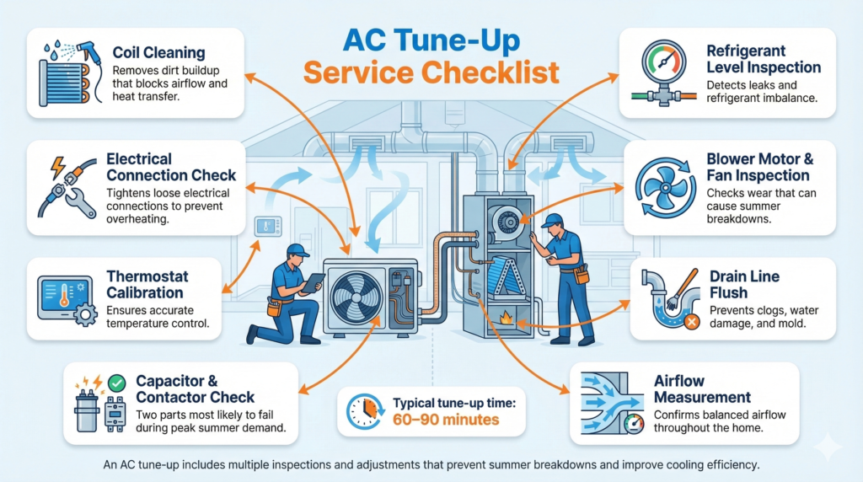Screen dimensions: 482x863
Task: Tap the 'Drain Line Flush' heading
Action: [x=744, y=285]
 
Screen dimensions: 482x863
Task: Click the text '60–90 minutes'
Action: [x=445, y=420]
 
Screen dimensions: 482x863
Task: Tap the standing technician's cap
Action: [x=552, y=220]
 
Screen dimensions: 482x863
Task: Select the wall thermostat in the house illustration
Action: [x=267, y=227]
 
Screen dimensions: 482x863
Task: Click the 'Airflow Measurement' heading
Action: [x=702, y=389]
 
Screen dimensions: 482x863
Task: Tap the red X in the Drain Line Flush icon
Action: [x=691, y=322]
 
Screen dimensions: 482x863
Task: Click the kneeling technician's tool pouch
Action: [x=274, y=308]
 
